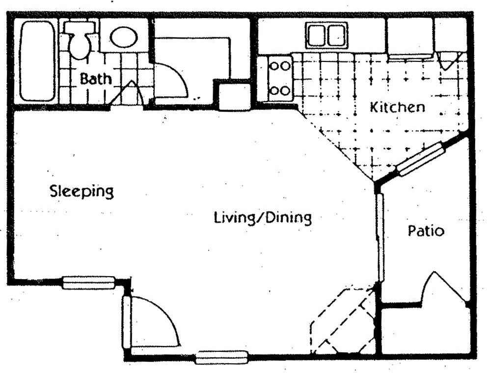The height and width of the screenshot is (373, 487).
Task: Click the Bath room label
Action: (x=95, y=79)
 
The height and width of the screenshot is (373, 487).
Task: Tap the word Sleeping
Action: (x=81, y=191)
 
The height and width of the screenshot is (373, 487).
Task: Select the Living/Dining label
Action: (x=263, y=218)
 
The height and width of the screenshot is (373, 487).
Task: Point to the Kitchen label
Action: (x=397, y=107)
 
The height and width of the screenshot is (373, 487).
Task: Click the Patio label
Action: (x=426, y=231)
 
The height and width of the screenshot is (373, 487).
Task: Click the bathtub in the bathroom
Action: (x=37, y=61)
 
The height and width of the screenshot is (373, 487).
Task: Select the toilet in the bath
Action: (x=80, y=40)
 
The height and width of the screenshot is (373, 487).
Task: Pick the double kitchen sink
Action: (x=327, y=35)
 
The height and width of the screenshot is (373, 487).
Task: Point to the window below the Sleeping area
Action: (x=89, y=283)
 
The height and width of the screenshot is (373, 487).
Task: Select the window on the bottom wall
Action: (x=222, y=357)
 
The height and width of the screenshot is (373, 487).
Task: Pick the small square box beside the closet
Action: (x=235, y=97)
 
